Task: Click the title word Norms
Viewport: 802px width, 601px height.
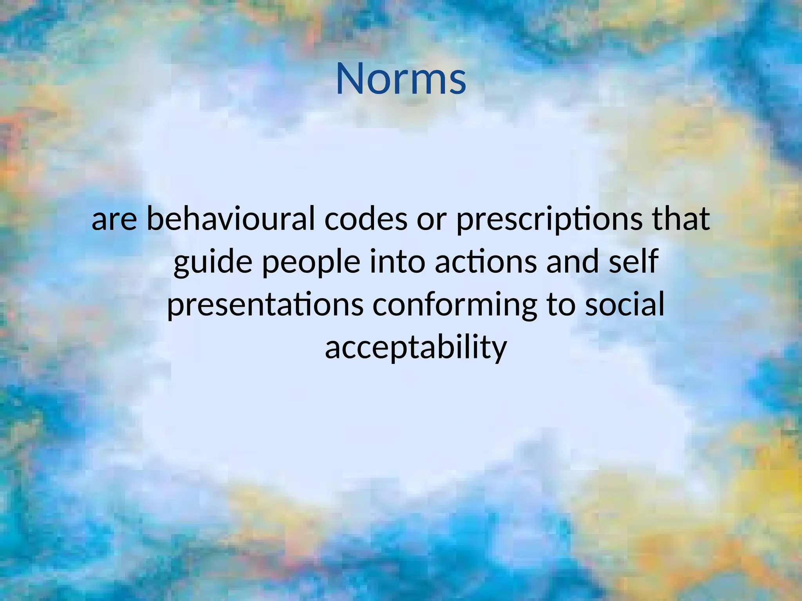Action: click(401, 79)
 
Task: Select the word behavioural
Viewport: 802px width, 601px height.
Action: click(231, 219)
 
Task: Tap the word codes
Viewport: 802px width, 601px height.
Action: click(366, 219)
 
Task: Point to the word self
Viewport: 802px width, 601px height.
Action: click(634, 261)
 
